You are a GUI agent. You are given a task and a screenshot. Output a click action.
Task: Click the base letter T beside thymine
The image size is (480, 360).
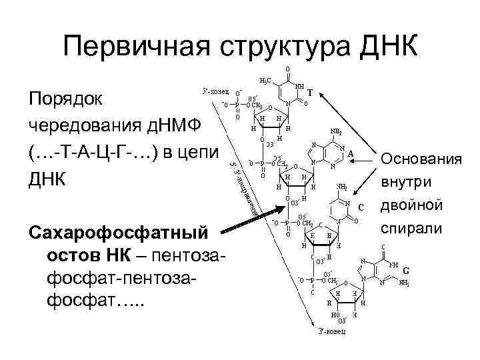pos(311,95)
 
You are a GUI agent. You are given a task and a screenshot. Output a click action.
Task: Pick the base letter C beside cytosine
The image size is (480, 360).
pos(360,206)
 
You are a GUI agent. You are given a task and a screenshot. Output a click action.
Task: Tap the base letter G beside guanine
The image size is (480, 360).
pos(405,271)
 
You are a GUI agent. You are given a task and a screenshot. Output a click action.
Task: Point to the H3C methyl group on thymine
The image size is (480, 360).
pos(265,81)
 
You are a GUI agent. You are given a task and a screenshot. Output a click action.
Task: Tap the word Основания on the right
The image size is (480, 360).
pos(421,160)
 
